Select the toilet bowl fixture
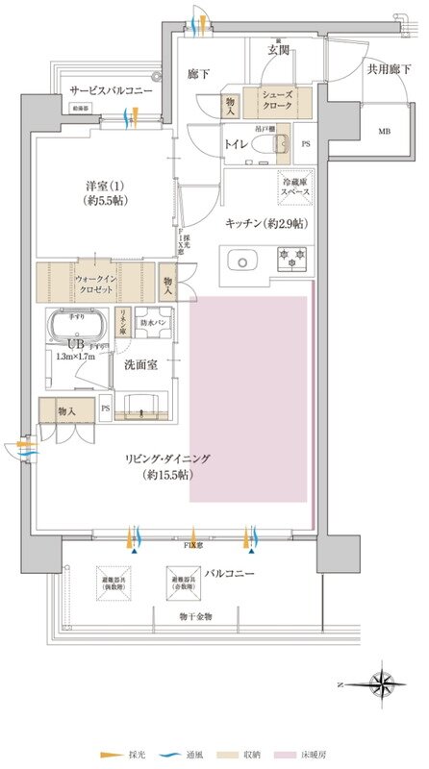tap(280, 144)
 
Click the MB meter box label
tap(384, 131)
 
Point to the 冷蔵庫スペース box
tap(295, 186)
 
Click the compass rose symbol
tap(384, 684)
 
